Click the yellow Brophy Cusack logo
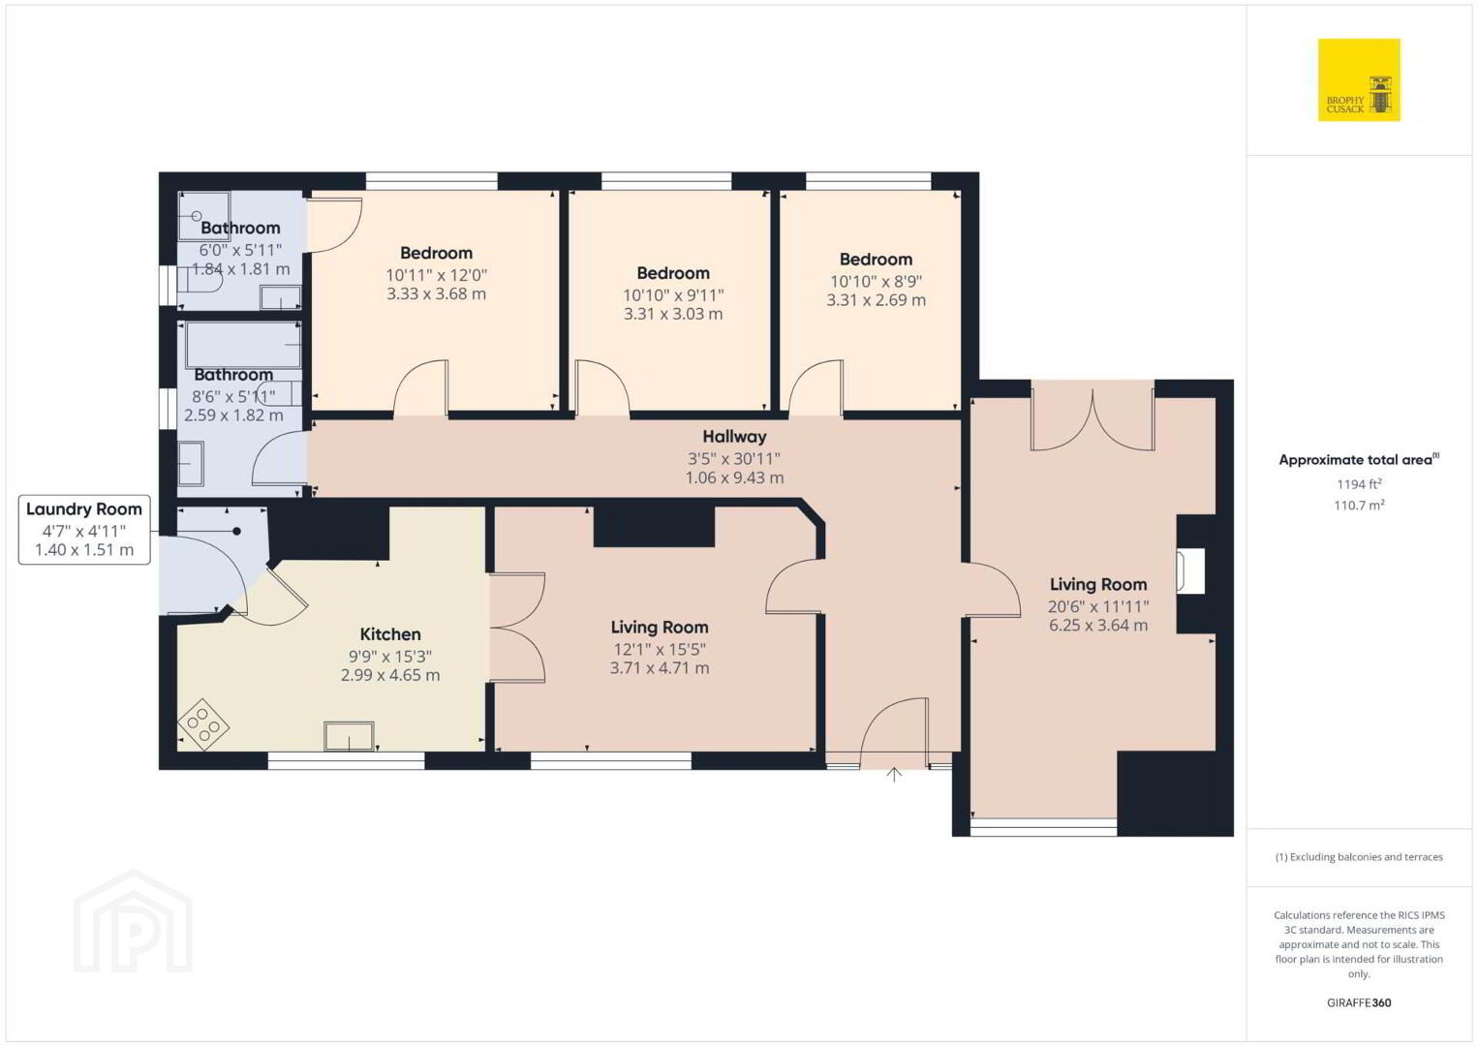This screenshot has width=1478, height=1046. [x=1359, y=79]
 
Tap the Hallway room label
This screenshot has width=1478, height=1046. [x=734, y=436]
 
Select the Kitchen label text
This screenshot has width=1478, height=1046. [x=390, y=634]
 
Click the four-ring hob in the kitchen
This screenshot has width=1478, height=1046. [x=203, y=724]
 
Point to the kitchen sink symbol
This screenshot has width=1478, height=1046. [x=349, y=736]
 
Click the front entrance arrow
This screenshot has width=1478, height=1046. [x=894, y=774]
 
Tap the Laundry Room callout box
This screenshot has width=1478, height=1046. [x=84, y=530]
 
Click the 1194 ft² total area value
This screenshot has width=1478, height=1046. [x=1359, y=483]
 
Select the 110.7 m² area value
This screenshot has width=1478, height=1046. [x=1359, y=505]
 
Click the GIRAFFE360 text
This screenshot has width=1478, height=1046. [x=1359, y=1002]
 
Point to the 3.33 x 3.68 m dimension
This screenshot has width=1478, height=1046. [x=436, y=293]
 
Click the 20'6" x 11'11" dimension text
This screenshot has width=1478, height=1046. [x=1098, y=606]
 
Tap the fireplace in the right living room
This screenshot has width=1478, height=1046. [x=1191, y=570]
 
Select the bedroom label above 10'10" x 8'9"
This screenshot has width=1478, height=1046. [x=876, y=259]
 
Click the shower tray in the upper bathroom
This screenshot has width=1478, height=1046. [x=204, y=216]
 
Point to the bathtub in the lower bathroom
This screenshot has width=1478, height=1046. [x=243, y=344]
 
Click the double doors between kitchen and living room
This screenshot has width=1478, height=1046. [x=517, y=627]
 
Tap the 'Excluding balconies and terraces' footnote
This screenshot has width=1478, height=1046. [x=1359, y=856]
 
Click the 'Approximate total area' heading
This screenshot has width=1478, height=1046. [x=1359, y=459]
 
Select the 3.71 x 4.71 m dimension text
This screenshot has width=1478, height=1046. [x=660, y=668]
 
